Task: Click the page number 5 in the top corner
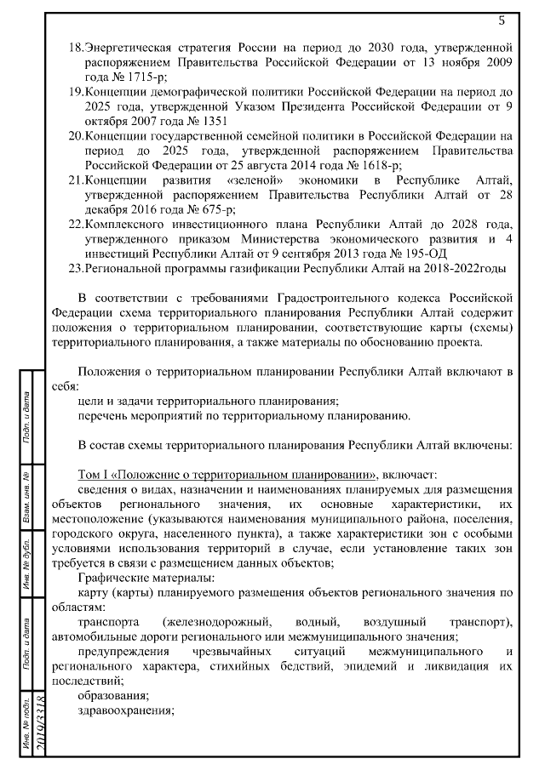click(x=502, y=20)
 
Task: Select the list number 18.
click(x=75, y=45)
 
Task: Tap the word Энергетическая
click(x=128, y=45)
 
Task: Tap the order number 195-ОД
click(x=416, y=254)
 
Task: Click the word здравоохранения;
click(x=126, y=712)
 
